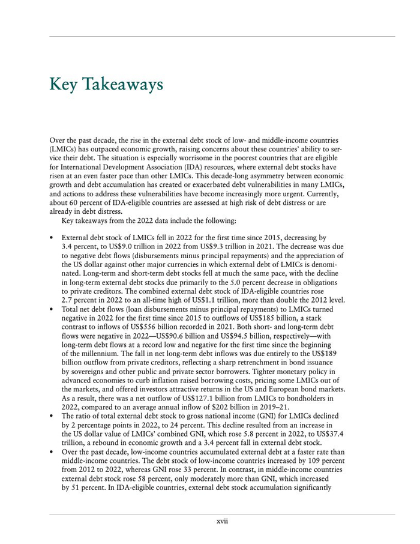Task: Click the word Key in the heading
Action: (63, 85)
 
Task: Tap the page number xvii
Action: (222, 521)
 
